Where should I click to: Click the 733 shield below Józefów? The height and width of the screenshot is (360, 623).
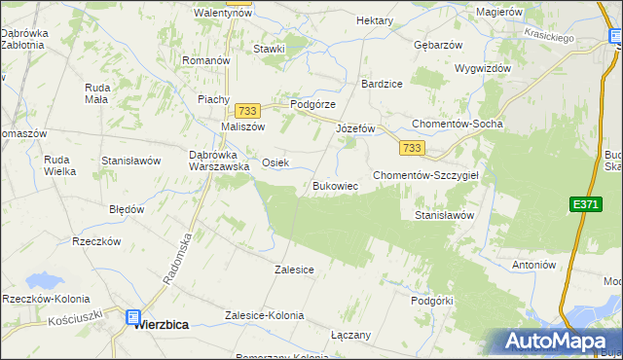411,147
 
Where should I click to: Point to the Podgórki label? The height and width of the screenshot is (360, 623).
432,302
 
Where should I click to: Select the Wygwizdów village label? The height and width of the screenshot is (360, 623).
483,69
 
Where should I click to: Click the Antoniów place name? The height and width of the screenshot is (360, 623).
532,265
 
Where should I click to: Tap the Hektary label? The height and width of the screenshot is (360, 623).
375,20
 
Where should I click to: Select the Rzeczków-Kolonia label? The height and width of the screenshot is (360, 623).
47,299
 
